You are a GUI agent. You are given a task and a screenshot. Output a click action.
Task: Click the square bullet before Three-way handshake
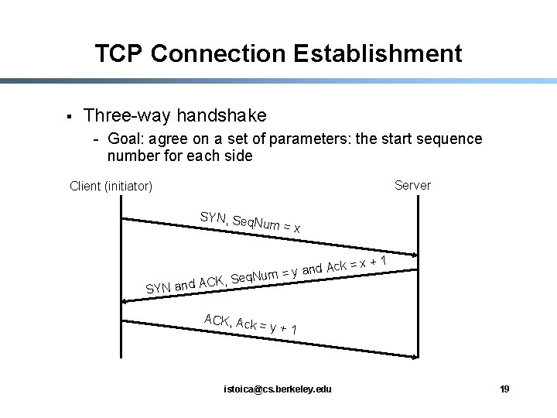pos(69,117)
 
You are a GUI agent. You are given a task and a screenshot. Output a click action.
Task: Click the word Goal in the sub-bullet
pos(124,139)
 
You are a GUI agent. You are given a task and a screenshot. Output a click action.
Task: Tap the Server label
pos(412,185)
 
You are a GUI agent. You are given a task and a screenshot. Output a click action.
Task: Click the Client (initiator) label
pos(111,186)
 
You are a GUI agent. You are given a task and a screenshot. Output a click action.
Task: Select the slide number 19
pos(504,389)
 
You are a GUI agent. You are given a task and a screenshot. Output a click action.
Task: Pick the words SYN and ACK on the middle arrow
pos(185,284)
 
